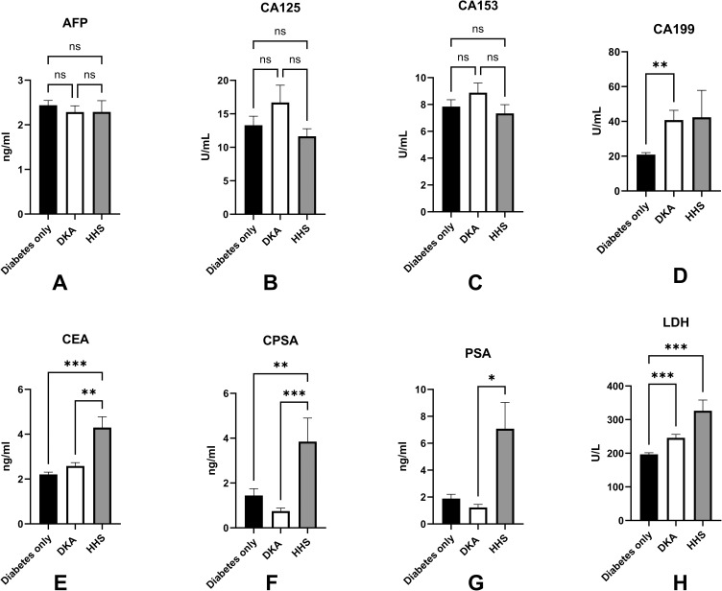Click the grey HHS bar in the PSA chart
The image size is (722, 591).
click(505, 477)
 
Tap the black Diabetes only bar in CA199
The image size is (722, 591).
click(645, 173)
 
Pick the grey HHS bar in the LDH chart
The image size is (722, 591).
click(703, 466)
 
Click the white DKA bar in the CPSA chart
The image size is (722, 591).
click(280, 520)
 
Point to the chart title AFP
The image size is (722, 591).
click(75, 23)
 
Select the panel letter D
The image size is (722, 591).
click(680, 275)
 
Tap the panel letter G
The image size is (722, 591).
click(475, 583)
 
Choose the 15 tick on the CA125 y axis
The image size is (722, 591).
click(223, 114)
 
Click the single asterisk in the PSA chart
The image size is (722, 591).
click(492, 379)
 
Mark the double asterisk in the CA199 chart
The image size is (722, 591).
click(660, 65)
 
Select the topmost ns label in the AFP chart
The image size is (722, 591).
click(75, 46)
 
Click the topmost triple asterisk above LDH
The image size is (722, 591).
click(676, 347)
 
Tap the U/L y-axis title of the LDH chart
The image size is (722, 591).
click(595, 454)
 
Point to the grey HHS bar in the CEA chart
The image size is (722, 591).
click(102, 476)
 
